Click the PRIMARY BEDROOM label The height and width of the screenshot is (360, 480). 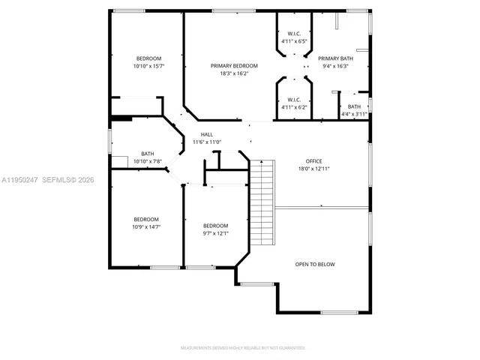pyautogui.click(x=234, y=66)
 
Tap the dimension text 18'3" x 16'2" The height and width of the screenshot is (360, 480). pyautogui.click(x=234, y=73)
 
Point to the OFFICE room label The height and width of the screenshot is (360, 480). pyautogui.click(x=313, y=161)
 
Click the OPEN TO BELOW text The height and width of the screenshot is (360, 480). pyautogui.click(x=315, y=264)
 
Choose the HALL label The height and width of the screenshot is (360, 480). pyautogui.click(x=206, y=134)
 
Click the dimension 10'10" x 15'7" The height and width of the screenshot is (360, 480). pyautogui.click(x=148, y=66)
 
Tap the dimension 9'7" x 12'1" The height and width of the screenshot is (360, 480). pyautogui.click(x=216, y=233)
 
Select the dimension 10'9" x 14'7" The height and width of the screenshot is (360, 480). pyautogui.click(x=146, y=226)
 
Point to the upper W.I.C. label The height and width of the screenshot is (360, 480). pyautogui.click(x=294, y=33)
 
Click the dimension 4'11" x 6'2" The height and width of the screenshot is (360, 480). pyautogui.click(x=294, y=107)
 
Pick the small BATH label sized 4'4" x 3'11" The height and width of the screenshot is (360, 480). pyautogui.click(x=354, y=106)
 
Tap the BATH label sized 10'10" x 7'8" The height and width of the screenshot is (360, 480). pyautogui.click(x=148, y=154)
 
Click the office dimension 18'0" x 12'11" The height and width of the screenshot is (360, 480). pyautogui.click(x=313, y=169)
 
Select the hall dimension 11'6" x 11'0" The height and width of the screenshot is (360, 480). pyautogui.click(x=206, y=142)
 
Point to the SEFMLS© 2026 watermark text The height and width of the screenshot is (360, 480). pyautogui.click(x=64, y=181)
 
